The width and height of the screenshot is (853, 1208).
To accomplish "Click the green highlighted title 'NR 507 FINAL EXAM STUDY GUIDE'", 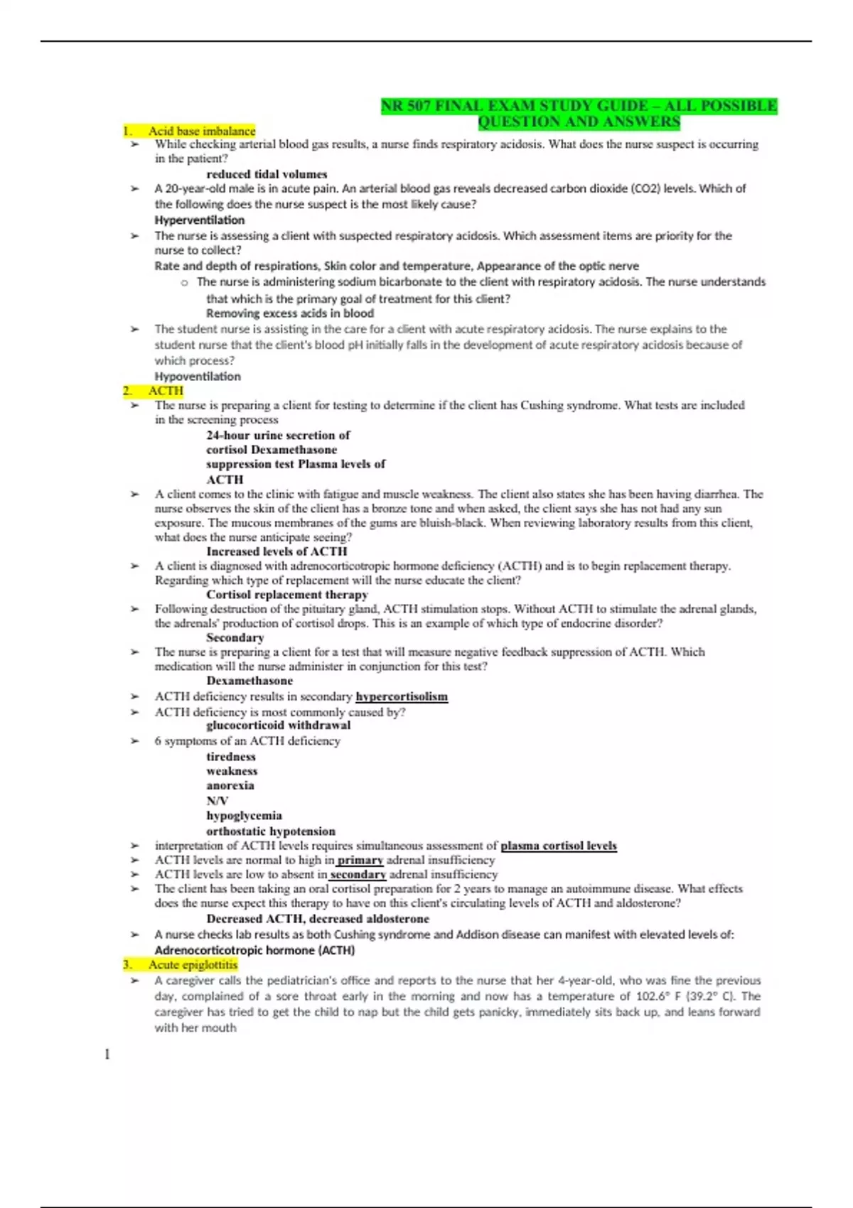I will (579, 107).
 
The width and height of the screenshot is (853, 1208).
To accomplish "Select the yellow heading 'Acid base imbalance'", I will (201, 131).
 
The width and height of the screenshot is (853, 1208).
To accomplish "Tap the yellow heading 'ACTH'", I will (166, 391).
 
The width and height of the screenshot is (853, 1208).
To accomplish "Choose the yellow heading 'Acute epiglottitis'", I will (193, 964).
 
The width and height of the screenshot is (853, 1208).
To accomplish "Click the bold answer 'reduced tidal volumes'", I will (267, 174).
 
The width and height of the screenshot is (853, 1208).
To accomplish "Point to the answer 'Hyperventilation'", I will (199, 220).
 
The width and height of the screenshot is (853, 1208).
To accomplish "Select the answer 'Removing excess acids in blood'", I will (289, 313).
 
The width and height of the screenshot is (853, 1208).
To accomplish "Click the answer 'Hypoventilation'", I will (198, 377).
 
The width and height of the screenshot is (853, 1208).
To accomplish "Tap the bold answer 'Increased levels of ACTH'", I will (277, 551).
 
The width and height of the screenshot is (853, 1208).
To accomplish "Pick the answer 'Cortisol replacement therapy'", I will (287, 595).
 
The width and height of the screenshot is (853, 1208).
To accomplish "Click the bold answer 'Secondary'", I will (235, 637).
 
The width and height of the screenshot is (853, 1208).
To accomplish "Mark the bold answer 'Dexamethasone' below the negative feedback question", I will (250, 681).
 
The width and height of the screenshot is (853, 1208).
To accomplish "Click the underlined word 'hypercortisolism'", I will (402, 696).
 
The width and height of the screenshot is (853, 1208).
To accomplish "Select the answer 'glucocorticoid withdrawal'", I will (278, 726).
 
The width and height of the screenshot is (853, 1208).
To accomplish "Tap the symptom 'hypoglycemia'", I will (244, 816).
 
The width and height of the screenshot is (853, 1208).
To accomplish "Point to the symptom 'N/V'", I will (217, 801).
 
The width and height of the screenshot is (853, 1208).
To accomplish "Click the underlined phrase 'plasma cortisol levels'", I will (559, 846).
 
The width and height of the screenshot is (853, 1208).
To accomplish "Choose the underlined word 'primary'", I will (360, 860).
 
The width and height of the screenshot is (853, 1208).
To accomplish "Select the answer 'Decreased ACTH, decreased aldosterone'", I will (318, 919).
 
